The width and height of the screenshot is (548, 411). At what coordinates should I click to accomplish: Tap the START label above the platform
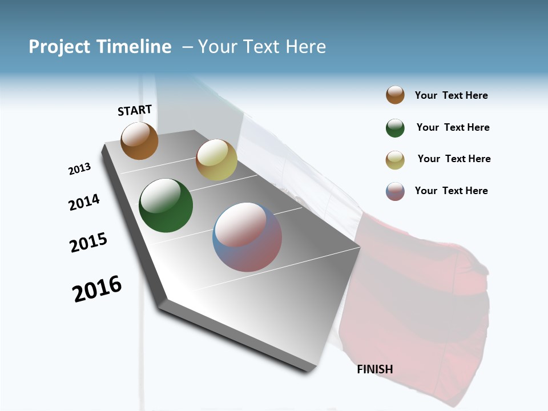point(135,110)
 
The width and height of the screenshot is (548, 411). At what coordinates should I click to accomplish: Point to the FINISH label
point(374,369)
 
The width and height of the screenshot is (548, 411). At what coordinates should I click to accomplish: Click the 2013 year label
point(79,169)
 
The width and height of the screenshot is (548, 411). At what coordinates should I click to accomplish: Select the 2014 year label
point(84,202)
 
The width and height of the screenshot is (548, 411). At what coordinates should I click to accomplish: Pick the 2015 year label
point(88,243)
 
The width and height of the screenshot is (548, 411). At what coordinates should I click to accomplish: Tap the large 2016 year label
point(97,289)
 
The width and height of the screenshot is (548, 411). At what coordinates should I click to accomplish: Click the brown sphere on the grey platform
point(139,140)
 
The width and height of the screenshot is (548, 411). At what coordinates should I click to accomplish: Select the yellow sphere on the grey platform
point(216,160)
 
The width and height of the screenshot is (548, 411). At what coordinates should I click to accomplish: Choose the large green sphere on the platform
point(166,205)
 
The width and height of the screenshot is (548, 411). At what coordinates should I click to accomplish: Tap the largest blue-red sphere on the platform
point(247,236)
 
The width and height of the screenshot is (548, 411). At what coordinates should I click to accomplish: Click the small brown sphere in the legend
point(395,95)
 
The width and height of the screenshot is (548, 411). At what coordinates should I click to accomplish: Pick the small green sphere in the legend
point(395,128)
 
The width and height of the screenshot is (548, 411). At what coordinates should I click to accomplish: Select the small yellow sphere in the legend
point(395,160)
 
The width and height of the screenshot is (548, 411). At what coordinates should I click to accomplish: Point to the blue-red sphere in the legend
point(395,191)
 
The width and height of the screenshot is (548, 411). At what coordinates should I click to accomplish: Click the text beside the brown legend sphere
point(451,96)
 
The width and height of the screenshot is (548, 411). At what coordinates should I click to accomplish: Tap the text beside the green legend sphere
point(453,127)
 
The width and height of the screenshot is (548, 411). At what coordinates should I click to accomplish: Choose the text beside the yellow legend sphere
point(454,159)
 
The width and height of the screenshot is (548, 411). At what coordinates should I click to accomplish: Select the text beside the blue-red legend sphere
point(451,191)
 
